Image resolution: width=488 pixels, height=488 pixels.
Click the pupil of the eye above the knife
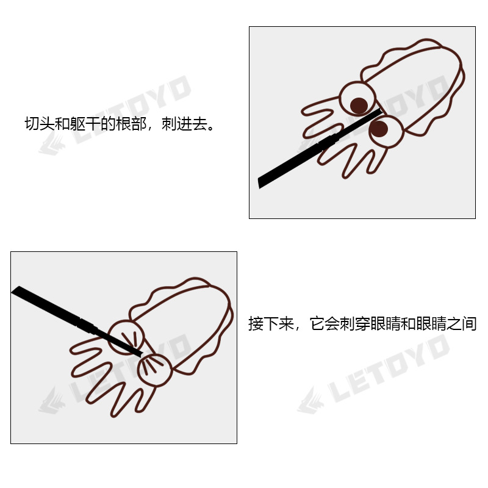(359, 105)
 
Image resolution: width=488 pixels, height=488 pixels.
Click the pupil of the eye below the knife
(379, 128)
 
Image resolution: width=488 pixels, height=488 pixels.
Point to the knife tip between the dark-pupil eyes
(379, 112)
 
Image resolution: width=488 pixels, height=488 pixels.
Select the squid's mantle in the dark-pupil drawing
(421, 85)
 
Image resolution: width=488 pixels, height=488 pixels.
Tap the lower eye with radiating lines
(154, 368)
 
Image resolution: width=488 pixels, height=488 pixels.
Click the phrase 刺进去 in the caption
(184, 124)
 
